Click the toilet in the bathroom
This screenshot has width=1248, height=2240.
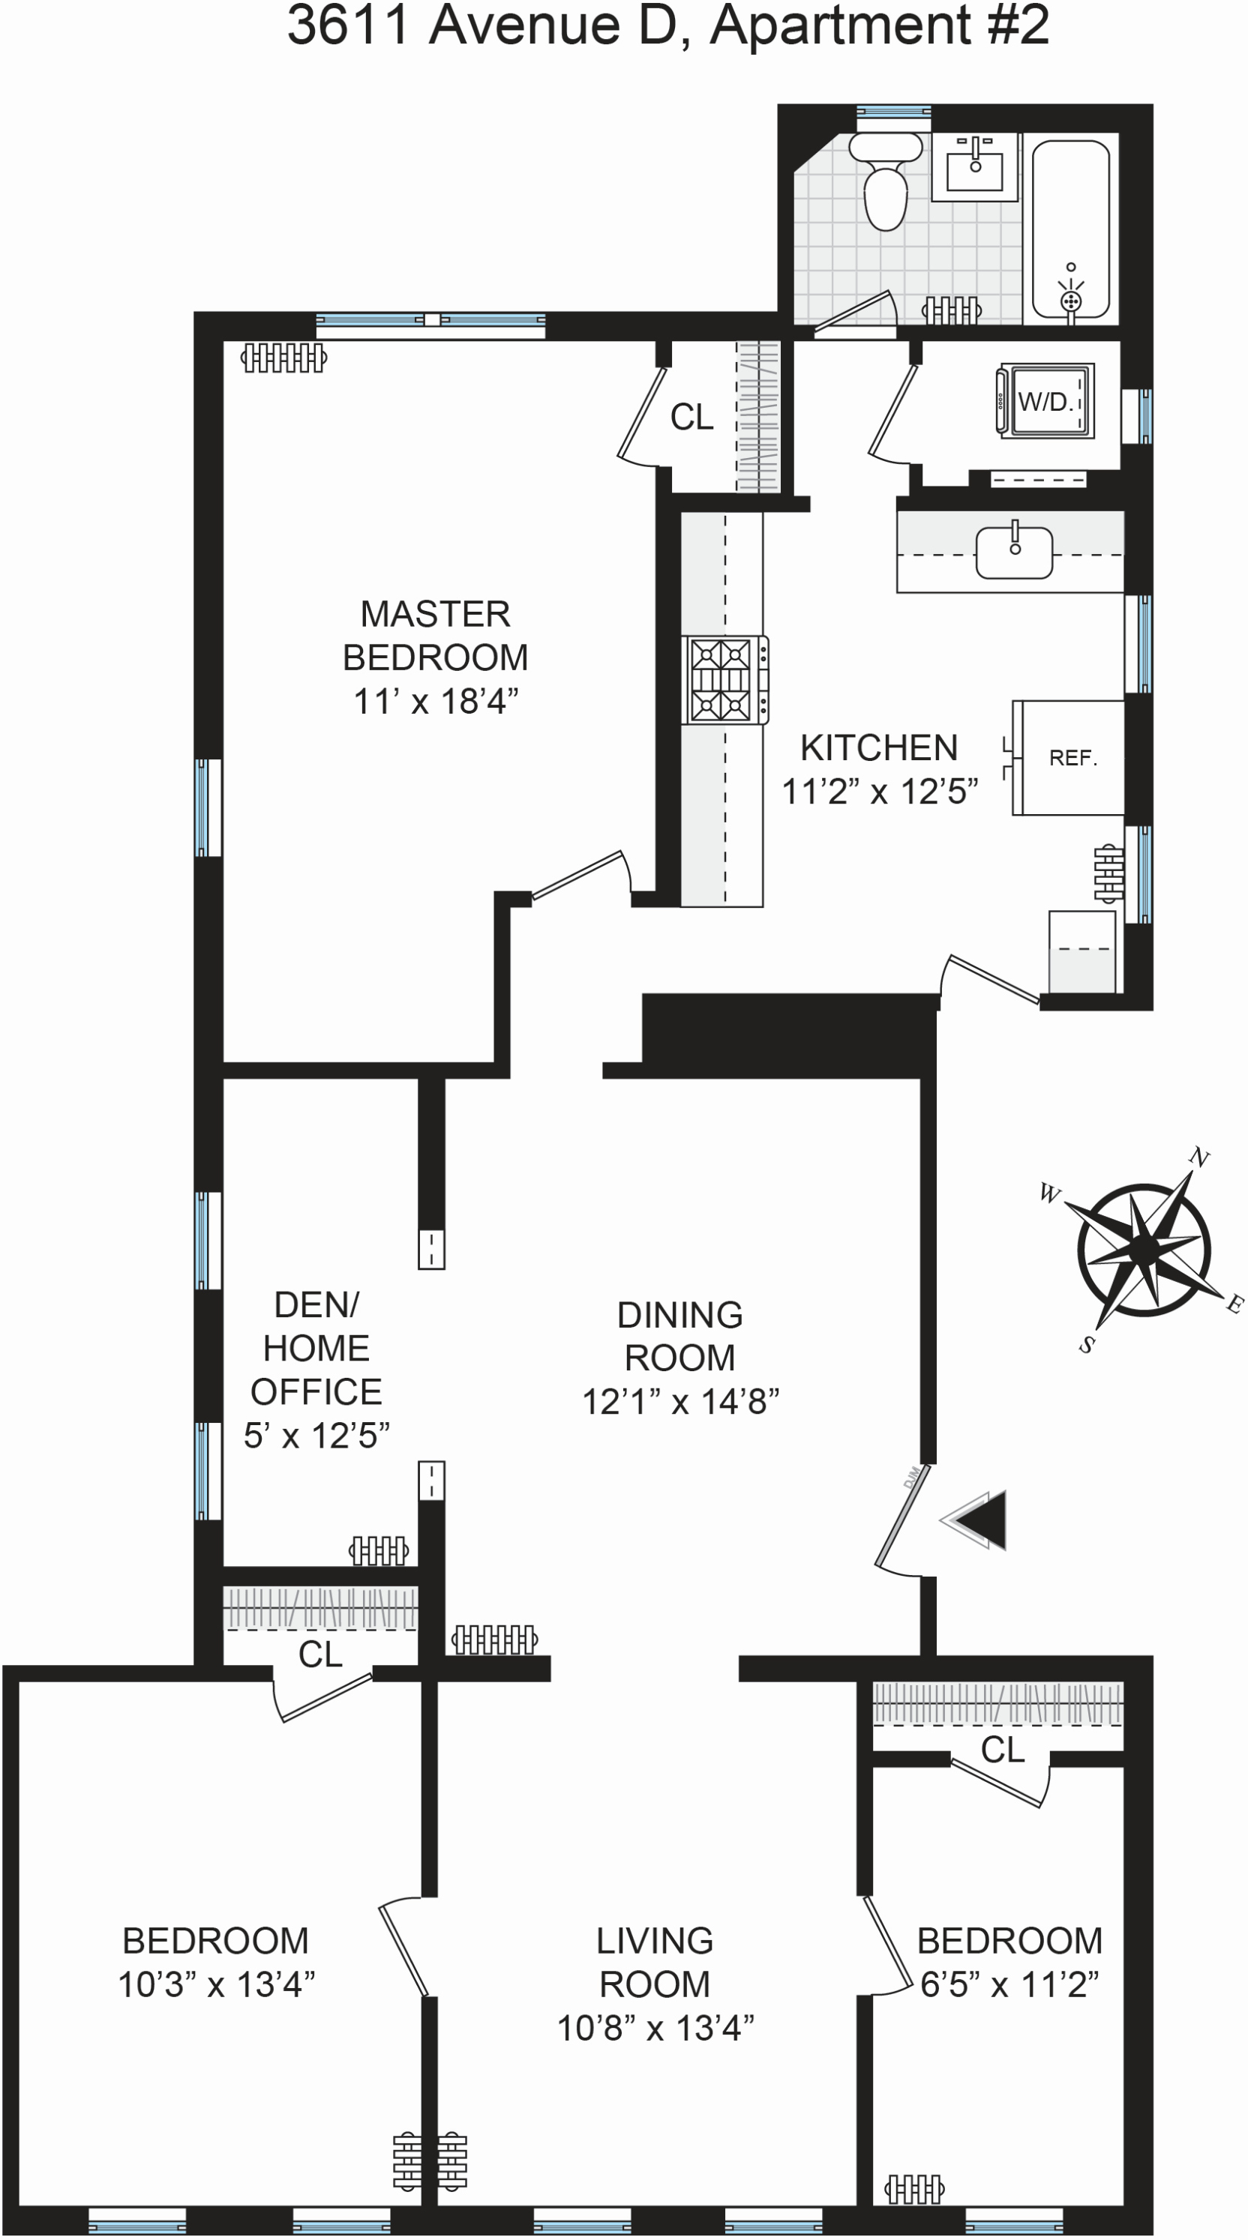click(x=885, y=186)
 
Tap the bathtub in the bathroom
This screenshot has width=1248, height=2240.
click(x=1070, y=229)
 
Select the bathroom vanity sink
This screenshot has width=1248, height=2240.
click(x=975, y=167)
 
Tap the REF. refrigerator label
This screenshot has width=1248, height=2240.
click(x=1073, y=758)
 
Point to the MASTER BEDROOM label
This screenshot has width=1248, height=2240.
click(x=435, y=636)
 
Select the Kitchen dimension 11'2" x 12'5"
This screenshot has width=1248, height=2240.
click(x=879, y=792)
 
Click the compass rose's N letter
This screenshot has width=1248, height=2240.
click(x=1199, y=1157)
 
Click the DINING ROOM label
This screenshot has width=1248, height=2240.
click(x=680, y=1336)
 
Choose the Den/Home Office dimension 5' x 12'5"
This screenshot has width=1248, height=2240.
click(x=316, y=1436)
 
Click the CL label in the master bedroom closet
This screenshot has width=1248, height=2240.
click(x=691, y=418)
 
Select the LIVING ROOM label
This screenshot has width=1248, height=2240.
click(x=655, y=1962)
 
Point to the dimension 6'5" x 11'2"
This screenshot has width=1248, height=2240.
click(x=1009, y=1985)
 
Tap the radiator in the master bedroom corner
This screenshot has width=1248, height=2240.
click(x=283, y=358)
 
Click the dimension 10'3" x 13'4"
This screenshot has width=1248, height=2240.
click(x=216, y=1985)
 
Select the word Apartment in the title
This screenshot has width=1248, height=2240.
click(x=840, y=26)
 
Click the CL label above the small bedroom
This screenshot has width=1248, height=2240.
click(x=1002, y=1750)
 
